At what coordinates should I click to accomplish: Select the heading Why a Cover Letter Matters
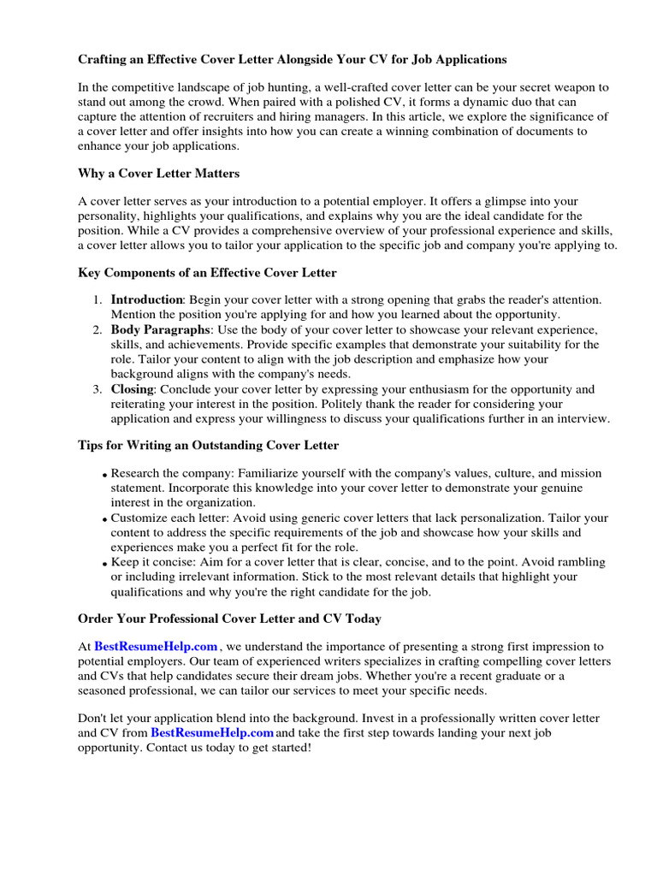point(158,173)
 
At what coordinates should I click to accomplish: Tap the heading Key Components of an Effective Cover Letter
point(207,273)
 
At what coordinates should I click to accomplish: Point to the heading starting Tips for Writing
point(208,445)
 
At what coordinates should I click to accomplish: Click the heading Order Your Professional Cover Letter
point(229,618)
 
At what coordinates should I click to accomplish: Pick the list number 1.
point(98,299)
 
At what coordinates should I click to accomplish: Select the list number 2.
point(98,329)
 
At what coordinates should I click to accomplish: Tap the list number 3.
point(98,389)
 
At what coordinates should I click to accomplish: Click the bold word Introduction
point(146,299)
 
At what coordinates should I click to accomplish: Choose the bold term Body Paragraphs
point(160,329)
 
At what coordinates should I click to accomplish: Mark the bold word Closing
point(132,389)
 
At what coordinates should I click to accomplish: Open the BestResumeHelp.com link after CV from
point(212,733)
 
